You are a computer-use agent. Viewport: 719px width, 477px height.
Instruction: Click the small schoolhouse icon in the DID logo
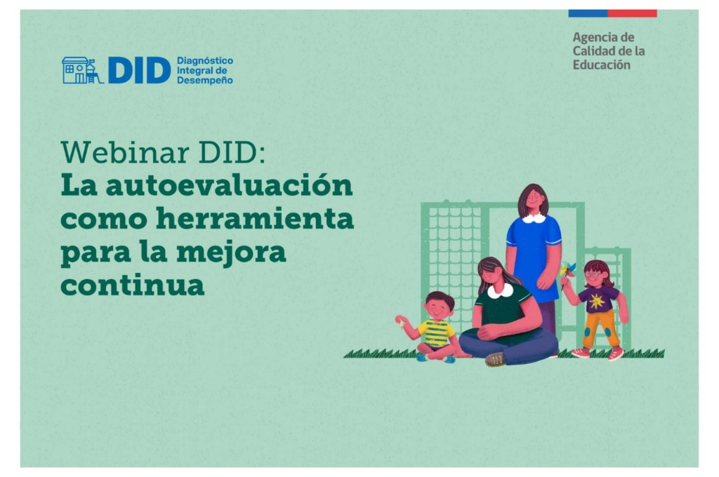81,70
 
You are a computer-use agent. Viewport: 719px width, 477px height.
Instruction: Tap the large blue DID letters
139,71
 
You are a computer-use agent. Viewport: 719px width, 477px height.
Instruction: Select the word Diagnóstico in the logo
205,61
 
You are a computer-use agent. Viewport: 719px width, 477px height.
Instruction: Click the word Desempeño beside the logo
204,80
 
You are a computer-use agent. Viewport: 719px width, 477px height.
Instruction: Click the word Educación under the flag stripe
602,65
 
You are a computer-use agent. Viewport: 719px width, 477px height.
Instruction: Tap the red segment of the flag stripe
633,13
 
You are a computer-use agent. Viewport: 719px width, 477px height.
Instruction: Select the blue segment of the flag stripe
588,13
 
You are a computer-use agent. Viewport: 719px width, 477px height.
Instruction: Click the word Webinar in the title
125,152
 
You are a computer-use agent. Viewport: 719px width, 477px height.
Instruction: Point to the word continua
132,285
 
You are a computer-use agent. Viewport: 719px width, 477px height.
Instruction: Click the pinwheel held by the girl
567,269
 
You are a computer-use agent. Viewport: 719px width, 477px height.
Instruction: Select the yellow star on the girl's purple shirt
596,301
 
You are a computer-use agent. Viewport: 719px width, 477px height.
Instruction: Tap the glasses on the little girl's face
593,275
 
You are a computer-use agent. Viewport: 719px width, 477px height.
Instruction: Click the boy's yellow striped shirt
436,333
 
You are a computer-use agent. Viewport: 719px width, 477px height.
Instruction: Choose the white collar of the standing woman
534,219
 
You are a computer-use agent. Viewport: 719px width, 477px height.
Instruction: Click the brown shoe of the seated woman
496,359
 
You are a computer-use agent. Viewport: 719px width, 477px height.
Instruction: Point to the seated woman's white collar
500,291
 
